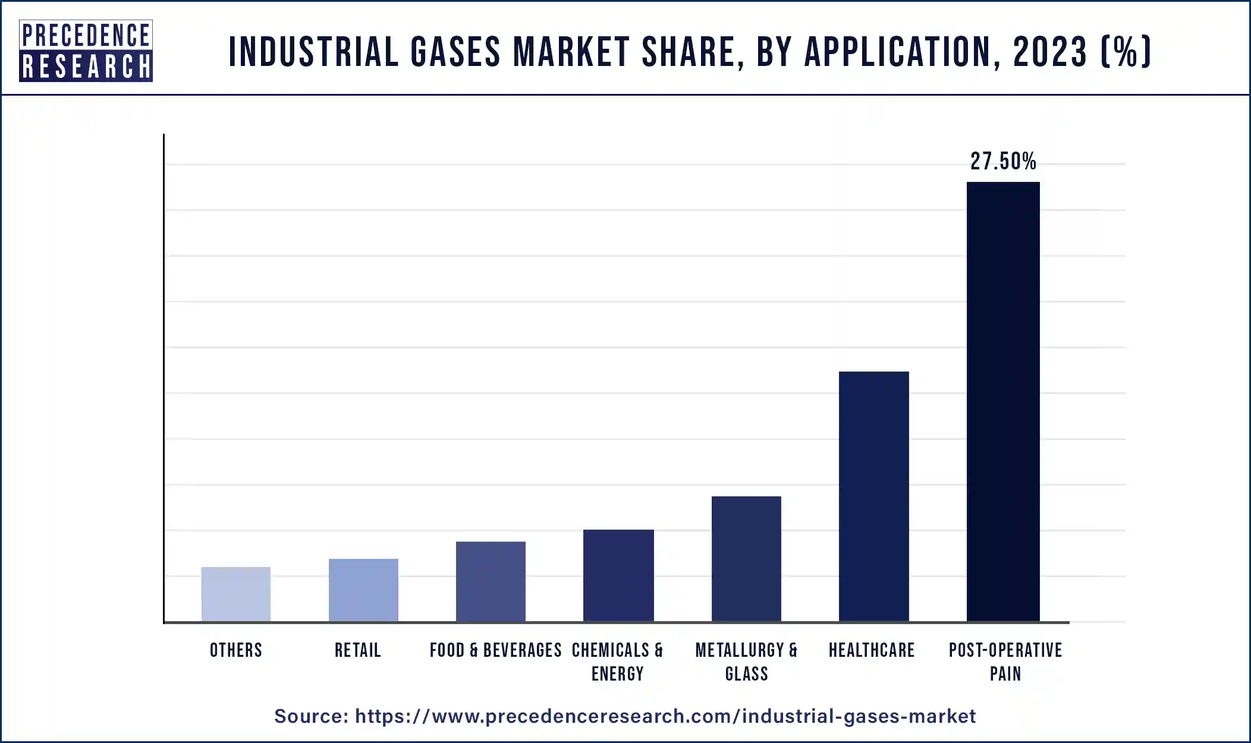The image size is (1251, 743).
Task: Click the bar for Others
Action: tap(235, 594)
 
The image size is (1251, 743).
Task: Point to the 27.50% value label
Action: tap(1003, 161)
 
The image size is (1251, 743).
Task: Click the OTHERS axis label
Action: tap(235, 650)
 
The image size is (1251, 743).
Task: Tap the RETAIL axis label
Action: tap(357, 650)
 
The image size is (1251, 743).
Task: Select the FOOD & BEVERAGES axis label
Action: tap(495, 650)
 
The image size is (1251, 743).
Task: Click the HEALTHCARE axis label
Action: tap(872, 650)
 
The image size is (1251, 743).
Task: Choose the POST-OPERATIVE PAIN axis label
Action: tap(1005, 662)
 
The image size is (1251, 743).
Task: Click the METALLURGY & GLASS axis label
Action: tap(746, 662)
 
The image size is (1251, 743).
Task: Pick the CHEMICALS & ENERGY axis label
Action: tap(617, 662)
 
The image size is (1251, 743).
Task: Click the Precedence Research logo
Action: tap(86, 51)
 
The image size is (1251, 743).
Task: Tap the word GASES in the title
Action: tap(455, 52)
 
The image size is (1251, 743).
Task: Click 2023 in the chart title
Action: tap(1050, 52)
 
